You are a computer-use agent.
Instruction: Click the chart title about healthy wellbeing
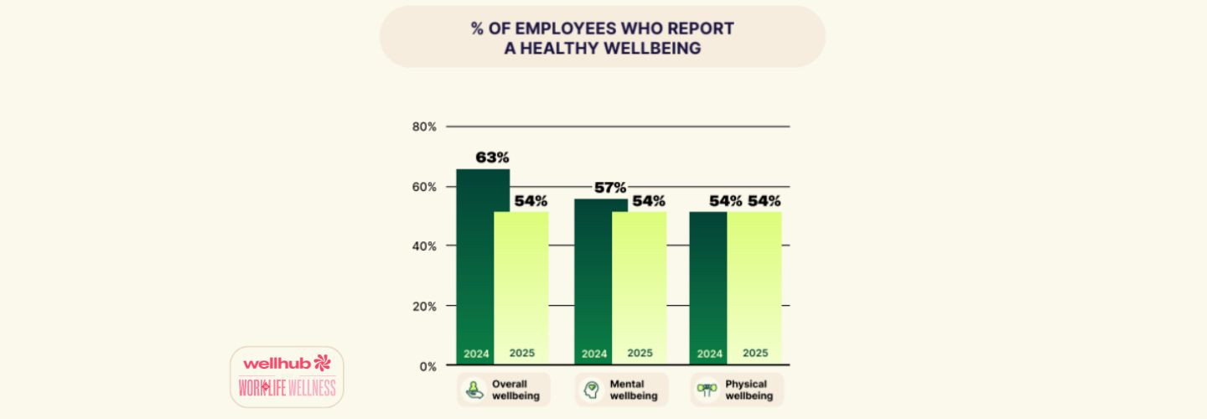pos(602,39)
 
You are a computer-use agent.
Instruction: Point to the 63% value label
pos(492,158)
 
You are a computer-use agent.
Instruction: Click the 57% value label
pos(610,188)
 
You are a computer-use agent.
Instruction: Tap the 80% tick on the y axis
pos(424,127)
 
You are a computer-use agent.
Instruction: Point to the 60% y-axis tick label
pos(424,187)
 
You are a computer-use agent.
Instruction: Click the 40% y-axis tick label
pos(424,246)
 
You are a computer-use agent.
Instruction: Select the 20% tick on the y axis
pos(424,307)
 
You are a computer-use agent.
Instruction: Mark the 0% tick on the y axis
pos(427,366)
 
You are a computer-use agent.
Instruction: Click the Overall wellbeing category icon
pos(474,390)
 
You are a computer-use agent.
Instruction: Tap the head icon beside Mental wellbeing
pos(593,390)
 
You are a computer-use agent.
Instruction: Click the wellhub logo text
pos(277,363)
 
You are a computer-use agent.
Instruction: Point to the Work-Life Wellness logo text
pos(287,388)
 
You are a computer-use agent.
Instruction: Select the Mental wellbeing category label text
pos(633,390)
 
